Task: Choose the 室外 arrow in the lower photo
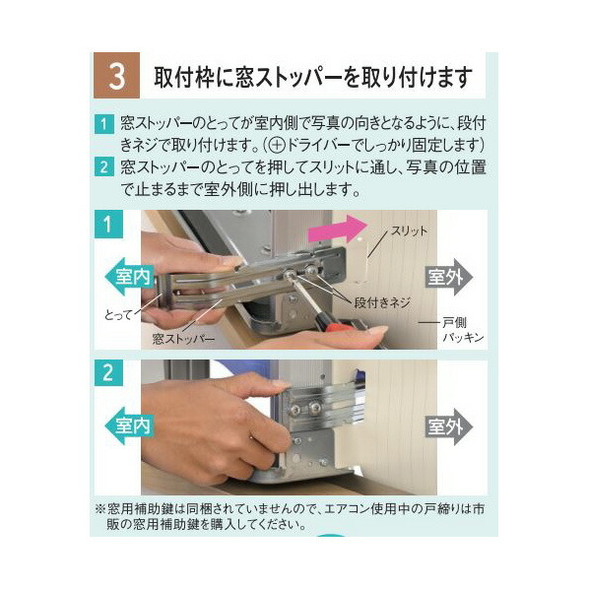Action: [447, 427]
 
